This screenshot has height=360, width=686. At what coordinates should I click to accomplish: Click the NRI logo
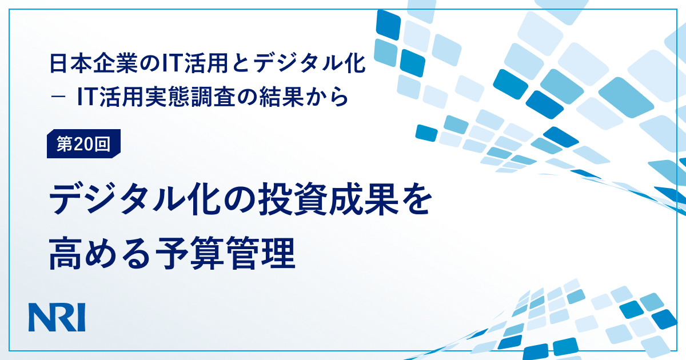pyautogui.click(x=57, y=317)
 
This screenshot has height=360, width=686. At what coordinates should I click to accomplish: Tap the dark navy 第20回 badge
pyautogui.click(x=83, y=143)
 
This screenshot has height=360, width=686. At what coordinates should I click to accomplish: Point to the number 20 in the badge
pyautogui.click(x=83, y=144)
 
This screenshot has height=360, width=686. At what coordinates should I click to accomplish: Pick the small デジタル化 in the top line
pyautogui.click(x=309, y=63)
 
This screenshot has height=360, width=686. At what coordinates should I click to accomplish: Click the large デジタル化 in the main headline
pyautogui.click(x=135, y=199)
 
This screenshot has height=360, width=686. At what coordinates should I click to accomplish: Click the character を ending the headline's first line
pyautogui.click(x=416, y=199)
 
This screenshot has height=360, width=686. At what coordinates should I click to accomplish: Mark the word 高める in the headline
pyautogui.click(x=100, y=253)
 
